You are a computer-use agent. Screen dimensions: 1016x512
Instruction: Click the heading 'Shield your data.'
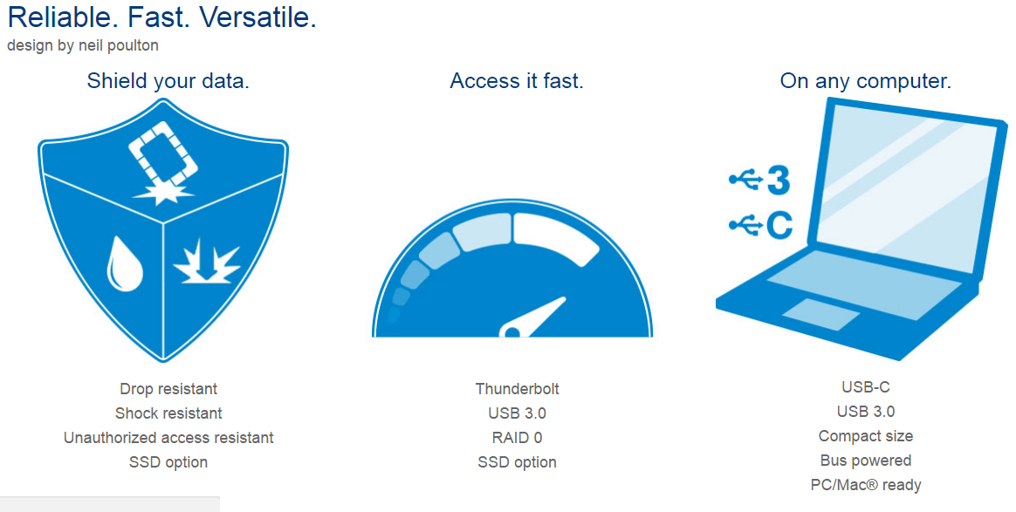168,81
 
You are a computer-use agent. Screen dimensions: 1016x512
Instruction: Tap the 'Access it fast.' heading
517,81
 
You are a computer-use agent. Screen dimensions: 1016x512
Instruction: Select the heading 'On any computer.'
866,81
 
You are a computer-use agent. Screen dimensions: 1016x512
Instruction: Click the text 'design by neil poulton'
83,45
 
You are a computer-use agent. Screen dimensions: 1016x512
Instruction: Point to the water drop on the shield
124,264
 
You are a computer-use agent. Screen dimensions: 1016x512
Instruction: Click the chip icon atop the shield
162,153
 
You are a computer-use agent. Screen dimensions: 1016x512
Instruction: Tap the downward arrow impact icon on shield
207,262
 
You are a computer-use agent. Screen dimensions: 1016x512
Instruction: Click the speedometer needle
532,317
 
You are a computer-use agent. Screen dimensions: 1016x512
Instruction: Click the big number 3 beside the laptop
779,180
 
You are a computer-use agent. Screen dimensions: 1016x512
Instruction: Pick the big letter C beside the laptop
779,225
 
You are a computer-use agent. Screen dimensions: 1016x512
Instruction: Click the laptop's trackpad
821,315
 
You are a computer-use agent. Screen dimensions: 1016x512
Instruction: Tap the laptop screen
907,187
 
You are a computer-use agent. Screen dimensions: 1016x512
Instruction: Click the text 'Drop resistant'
168,389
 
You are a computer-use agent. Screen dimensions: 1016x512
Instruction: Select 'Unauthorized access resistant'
168,438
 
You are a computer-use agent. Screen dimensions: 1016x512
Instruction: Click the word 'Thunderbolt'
517,389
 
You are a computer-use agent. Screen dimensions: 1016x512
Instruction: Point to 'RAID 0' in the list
517,438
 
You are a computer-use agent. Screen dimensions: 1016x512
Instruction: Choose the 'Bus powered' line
866,461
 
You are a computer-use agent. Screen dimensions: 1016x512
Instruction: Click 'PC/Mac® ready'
866,486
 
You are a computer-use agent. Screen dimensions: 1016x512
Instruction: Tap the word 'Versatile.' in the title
257,17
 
